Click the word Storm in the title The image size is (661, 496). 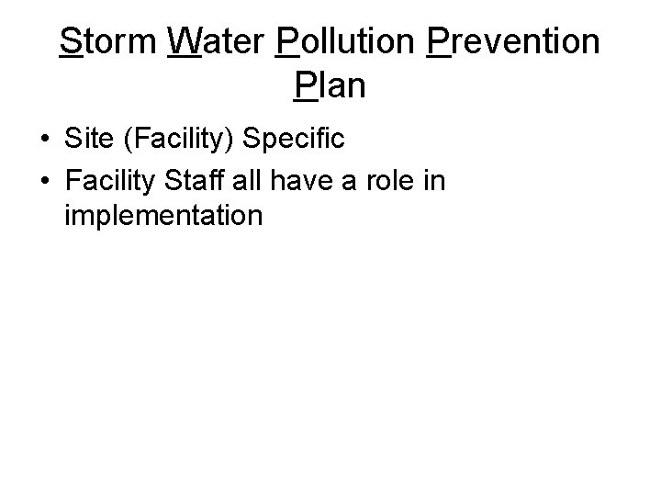pyautogui.click(x=106, y=42)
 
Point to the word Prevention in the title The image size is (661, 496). pyautogui.click(x=514, y=42)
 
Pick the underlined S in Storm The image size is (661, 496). pyautogui.click(x=70, y=42)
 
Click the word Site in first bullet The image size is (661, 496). pyautogui.click(x=87, y=139)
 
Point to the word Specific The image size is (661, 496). pyautogui.click(x=294, y=140)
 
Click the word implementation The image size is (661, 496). pyautogui.click(x=164, y=217)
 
